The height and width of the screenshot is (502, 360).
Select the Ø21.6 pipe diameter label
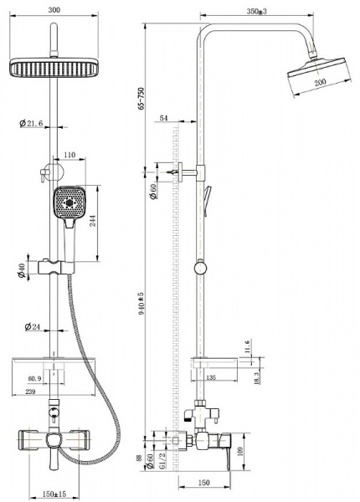pos(30,124)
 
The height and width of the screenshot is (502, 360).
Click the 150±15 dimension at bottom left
pos(55,494)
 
